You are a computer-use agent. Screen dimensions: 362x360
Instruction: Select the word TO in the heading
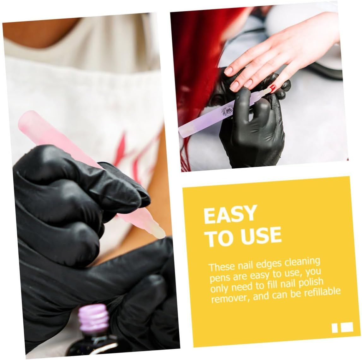[x=221, y=238]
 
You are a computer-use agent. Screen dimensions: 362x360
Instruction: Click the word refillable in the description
[x=322, y=291]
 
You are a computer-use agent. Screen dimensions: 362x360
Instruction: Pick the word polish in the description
[x=310, y=283]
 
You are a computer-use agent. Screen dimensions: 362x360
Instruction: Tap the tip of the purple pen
[x=268, y=90]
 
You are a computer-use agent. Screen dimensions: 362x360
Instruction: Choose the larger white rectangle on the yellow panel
[x=347, y=327]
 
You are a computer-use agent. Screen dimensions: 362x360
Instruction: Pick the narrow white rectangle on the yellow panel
[x=335, y=328]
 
